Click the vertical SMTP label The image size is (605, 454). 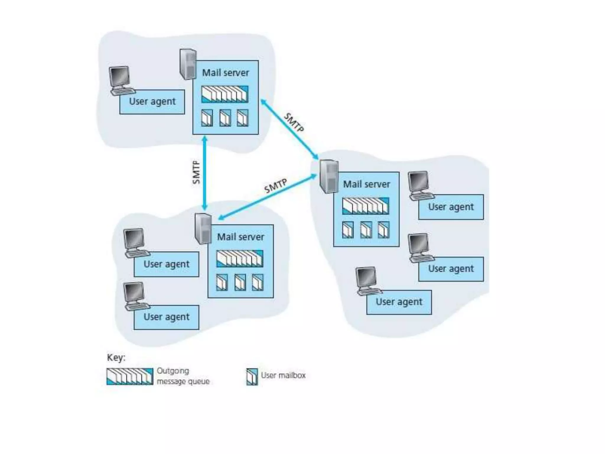point(196,172)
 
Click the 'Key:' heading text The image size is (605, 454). point(116,358)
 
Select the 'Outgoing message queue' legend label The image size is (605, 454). point(183,376)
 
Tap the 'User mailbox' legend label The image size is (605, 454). point(283,375)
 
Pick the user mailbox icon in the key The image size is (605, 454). point(252,377)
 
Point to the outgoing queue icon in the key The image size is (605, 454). point(130,377)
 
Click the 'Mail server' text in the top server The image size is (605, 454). point(225,73)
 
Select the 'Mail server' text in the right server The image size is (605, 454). point(366,184)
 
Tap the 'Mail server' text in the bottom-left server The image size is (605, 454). point(240,237)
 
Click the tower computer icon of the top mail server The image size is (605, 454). point(188,64)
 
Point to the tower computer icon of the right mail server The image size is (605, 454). point(328,176)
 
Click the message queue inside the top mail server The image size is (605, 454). point(225,94)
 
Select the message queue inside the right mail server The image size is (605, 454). point(366,206)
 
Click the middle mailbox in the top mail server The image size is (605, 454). point(225,118)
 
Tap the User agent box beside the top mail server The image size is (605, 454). point(152,102)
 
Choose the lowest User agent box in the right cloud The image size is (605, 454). point(399,302)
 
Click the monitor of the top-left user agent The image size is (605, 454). point(119,77)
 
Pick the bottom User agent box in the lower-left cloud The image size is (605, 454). point(166,317)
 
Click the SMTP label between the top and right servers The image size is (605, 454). point(294,123)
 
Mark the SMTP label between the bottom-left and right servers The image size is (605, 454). point(275,186)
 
